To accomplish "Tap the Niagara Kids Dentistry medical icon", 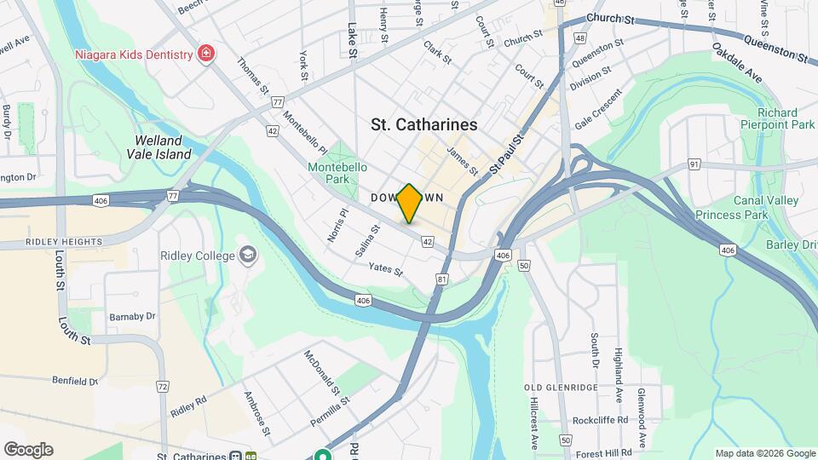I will click(x=205, y=55).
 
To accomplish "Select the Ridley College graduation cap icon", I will click(x=248, y=256).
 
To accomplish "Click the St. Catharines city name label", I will click(x=424, y=124).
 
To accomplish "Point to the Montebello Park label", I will click(x=330, y=173).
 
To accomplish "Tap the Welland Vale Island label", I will click(x=163, y=147).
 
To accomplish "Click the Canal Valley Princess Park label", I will click(x=747, y=208).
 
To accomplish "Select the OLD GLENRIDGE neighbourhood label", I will click(x=560, y=388).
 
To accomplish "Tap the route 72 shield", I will click(x=162, y=386).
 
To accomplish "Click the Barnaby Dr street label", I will click(x=132, y=316).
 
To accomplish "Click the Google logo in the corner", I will click(x=28, y=450).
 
